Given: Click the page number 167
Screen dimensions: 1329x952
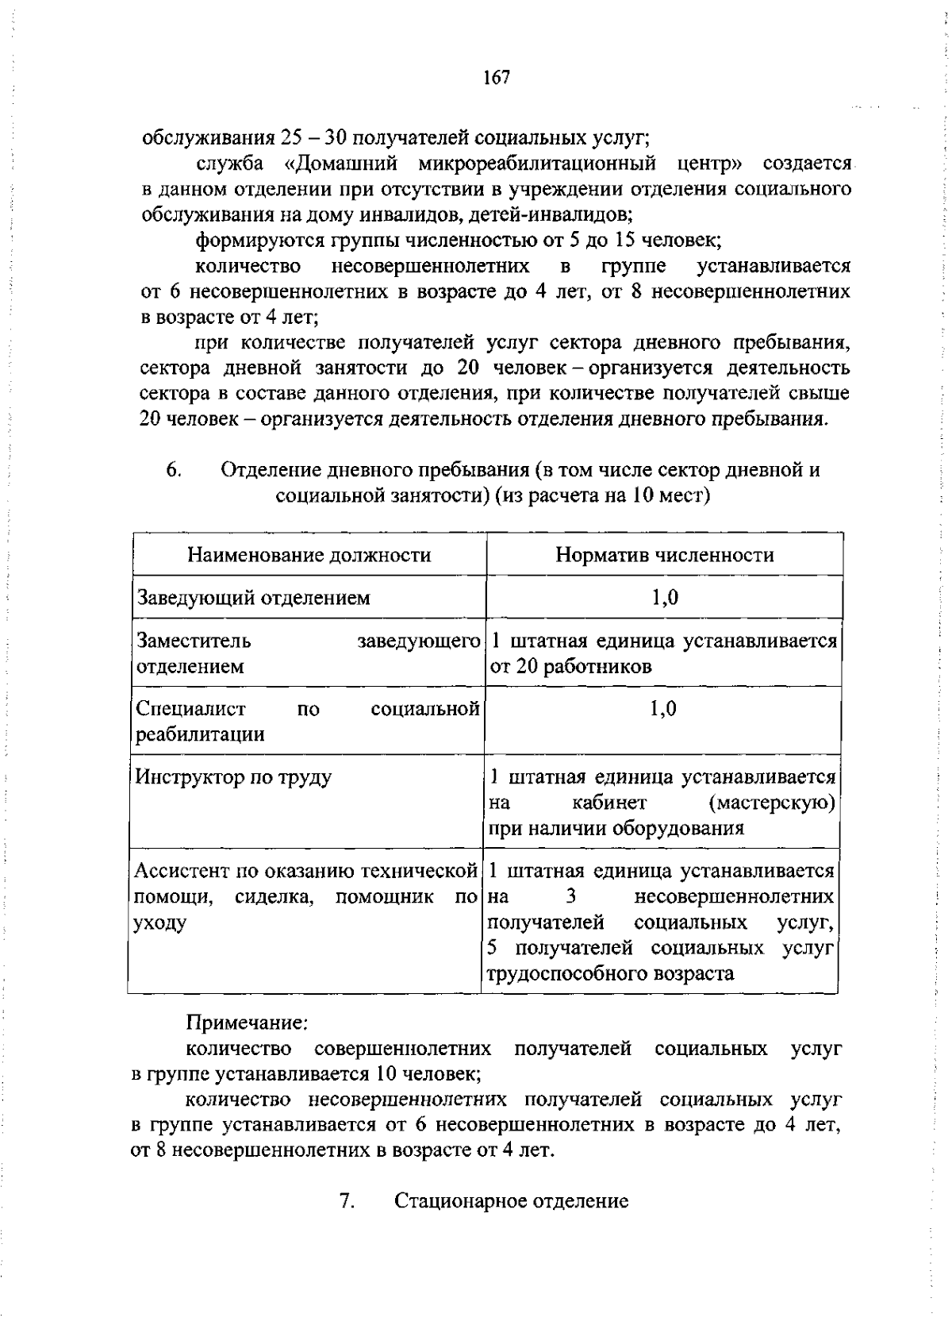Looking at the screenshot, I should (496, 78).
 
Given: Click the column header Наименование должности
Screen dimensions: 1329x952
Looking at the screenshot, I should (309, 555).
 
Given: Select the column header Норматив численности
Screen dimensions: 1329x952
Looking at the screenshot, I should (664, 555).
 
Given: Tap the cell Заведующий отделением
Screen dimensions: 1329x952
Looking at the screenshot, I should (253, 598).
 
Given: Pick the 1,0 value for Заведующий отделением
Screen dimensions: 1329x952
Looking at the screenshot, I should (664, 598).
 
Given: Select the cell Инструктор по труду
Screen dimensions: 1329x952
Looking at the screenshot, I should (233, 777).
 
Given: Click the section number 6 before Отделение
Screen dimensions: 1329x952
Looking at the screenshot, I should (174, 470).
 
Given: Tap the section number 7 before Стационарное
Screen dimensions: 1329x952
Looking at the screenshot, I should (347, 1200).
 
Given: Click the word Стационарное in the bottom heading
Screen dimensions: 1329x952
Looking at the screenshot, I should (460, 1200).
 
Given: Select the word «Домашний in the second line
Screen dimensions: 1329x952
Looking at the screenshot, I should (341, 164).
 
